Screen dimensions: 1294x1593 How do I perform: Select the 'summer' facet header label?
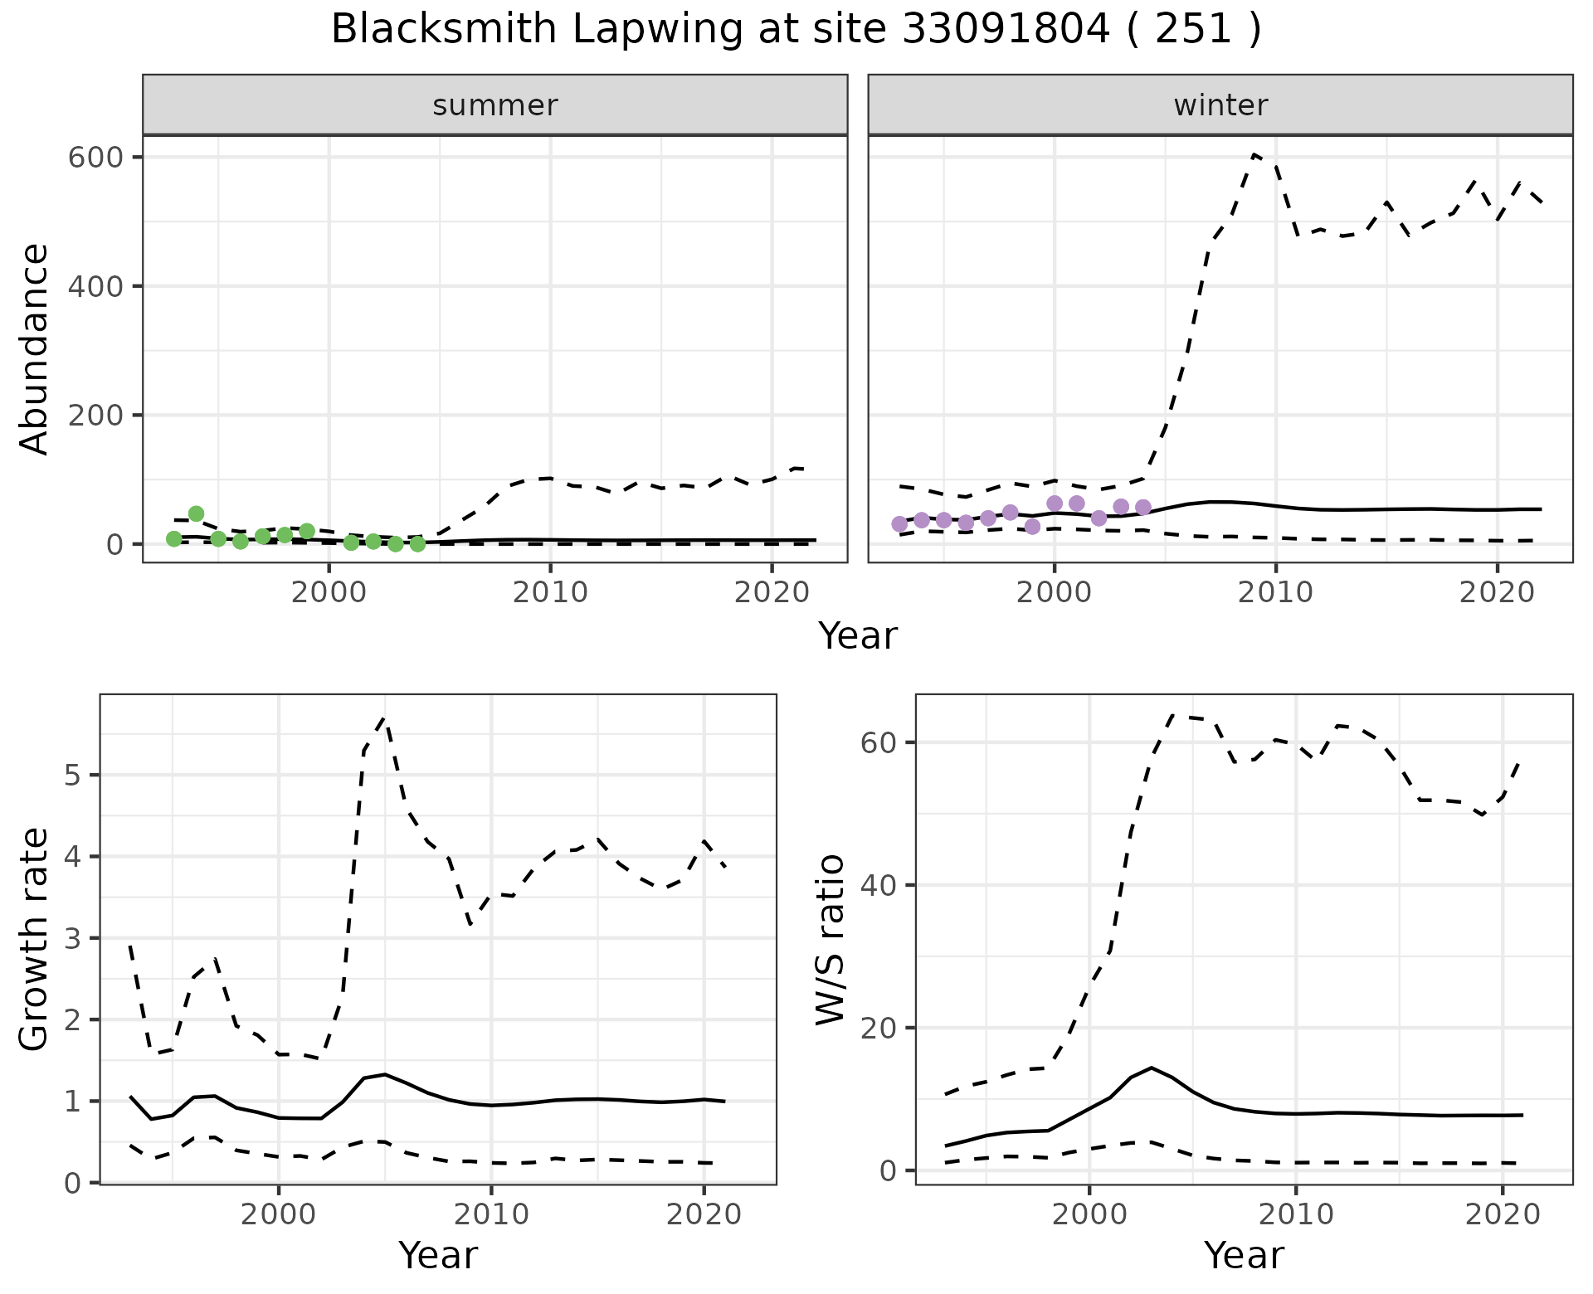point(494,105)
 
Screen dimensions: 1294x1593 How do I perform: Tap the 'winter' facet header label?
point(1220,105)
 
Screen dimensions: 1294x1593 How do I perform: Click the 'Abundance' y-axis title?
point(35,348)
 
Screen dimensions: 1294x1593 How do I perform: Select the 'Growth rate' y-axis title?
point(35,940)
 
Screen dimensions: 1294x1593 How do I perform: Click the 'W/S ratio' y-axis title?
point(831,940)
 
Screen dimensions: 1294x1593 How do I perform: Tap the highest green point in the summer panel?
point(196,513)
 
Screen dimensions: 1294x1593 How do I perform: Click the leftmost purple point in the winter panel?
point(899,523)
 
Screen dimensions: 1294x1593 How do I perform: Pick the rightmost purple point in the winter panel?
point(1142,507)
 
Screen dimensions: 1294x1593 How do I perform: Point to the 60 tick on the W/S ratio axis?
point(879,742)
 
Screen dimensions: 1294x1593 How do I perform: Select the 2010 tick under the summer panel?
point(550,592)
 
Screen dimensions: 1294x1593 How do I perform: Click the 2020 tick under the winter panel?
point(1497,592)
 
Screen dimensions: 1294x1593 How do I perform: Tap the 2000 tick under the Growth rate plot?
point(279,1214)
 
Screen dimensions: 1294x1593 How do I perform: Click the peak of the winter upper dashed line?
point(1254,154)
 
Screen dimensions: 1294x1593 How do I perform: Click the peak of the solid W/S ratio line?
point(1151,1068)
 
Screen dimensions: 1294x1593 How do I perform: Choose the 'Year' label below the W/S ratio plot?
point(1243,1256)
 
